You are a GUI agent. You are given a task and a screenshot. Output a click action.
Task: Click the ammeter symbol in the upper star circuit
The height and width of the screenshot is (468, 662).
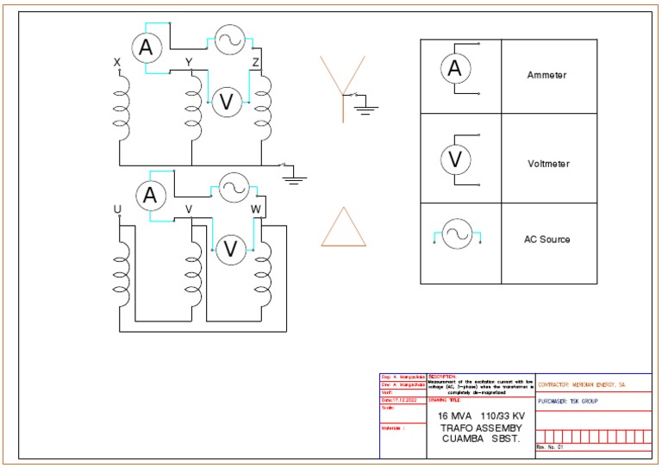(x=147, y=48)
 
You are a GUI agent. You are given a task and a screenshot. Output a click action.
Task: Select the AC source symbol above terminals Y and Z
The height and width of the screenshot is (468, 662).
(x=230, y=40)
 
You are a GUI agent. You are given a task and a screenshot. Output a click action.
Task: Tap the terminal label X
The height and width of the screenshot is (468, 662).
(x=117, y=62)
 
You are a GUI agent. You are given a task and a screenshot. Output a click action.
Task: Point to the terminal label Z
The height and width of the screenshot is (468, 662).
(x=255, y=62)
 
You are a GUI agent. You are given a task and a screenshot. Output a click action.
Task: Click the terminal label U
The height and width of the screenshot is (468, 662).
(x=117, y=209)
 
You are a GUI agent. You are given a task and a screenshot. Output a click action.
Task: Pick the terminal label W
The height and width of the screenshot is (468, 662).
(x=255, y=209)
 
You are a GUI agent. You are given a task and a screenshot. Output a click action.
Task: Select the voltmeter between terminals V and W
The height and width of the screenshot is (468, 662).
(x=230, y=249)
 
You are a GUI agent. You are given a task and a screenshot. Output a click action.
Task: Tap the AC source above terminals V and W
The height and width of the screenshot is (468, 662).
(x=234, y=187)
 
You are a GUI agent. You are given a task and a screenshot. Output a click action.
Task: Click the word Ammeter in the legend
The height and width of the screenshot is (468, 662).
(x=546, y=76)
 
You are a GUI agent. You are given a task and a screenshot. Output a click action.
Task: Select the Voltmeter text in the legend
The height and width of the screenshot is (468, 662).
(x=547, y=164)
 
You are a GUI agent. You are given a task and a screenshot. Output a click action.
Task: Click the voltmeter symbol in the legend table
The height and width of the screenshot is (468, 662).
(x=455, y=159)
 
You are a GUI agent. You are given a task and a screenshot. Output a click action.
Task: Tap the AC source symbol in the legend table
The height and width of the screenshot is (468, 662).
(x=455, y=234)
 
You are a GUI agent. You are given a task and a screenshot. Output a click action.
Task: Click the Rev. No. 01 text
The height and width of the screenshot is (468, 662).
(x=549, y=448)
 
